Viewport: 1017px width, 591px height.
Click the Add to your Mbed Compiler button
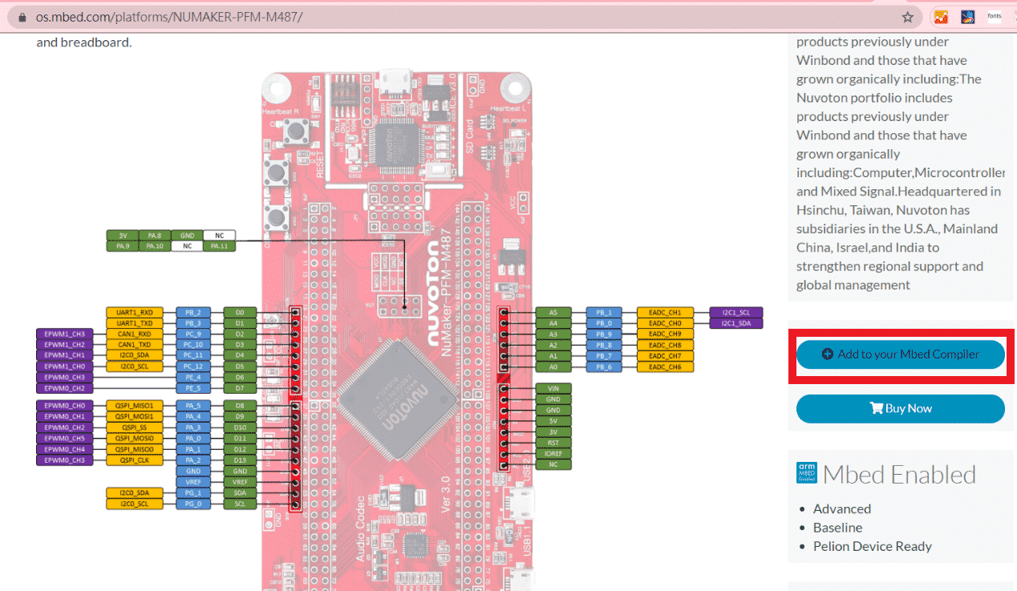[900, 354]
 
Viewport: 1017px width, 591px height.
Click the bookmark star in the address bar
[907, 17]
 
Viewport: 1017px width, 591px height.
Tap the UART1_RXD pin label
[134, 312]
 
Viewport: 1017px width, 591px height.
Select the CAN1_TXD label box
[134, 344]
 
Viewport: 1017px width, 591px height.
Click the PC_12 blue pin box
[192, 366]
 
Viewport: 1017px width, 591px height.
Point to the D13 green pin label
[240, 460]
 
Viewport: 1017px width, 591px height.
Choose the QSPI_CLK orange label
[134, 460]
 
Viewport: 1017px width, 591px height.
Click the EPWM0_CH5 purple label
[64, 439]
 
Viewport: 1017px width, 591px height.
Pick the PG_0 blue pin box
[192, 504]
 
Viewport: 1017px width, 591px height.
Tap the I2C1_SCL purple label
[735, 312]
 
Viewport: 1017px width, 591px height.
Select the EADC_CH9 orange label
[665, 334]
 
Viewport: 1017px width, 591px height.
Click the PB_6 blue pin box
[603, 366]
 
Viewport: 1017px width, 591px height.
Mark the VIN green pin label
[553, 388]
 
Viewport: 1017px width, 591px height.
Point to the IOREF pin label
[553, 453]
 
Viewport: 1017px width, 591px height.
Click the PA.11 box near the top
[219, 246]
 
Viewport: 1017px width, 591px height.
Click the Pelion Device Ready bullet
[872, 546]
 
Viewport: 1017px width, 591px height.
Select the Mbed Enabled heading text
[899, 474]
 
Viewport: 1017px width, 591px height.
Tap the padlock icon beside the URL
[22, 17]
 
